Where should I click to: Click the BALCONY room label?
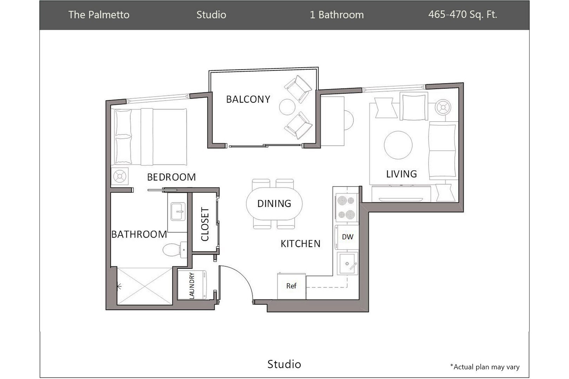click(248, 99)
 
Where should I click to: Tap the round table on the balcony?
click(287, 107)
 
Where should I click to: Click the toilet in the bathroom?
click(172, 250)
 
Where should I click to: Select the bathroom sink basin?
click(178, 212)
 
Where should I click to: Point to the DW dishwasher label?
click(347, 237)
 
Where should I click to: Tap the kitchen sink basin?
click(347, 264)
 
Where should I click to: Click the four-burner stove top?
click(346, 207)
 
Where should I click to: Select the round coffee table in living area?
click(398, 145)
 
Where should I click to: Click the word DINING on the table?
click(274, 204)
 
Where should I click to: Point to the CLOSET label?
click(205, 224)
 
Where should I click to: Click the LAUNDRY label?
click(192, 286)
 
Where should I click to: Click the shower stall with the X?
click(145, 286)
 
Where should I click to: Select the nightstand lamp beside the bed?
click(120, 177)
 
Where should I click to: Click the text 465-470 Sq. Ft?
click(462, 15)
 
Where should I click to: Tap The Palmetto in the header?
click(99, 15)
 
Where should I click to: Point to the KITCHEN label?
click(300, 244)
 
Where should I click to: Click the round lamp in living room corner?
click(443, 107)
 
